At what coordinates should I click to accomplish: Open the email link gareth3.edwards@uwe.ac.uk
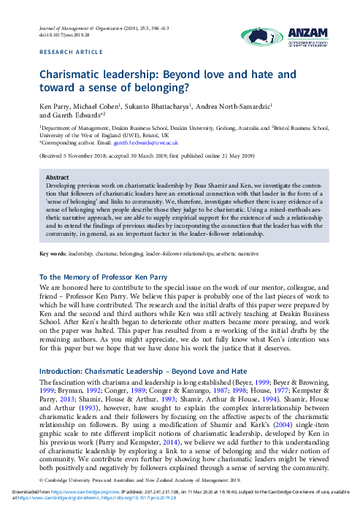pos(147,143)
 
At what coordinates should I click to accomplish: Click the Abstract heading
pos(58,177)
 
